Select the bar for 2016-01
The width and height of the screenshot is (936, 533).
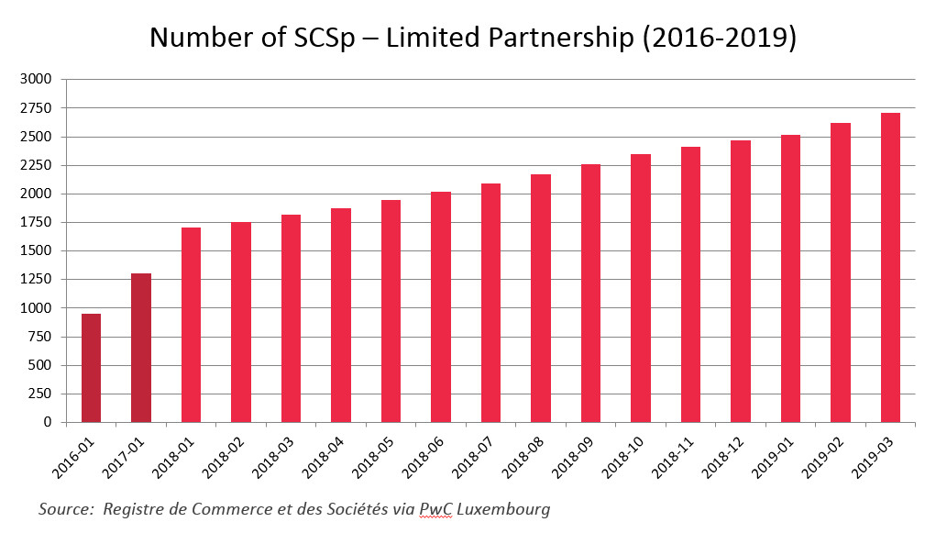(91, 368)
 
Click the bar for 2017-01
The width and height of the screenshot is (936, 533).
(141, 348)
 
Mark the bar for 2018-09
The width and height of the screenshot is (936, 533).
(590, 293)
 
